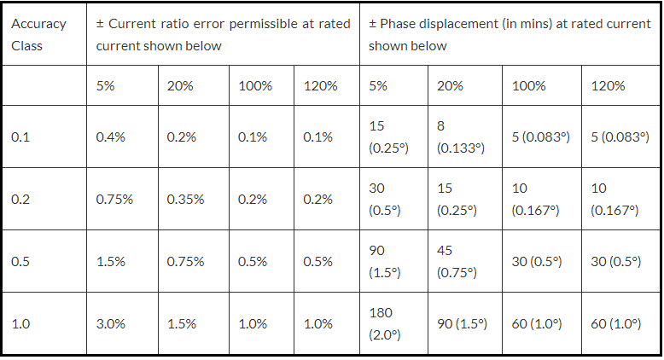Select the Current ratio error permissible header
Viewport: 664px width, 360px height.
pos(223,34)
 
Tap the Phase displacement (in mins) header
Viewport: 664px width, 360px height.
pos(509,34)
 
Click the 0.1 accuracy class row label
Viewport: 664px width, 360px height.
pos(21,136)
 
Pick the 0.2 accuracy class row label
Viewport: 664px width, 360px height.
pos(21,199)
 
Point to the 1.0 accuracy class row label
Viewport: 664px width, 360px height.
pos(21,324)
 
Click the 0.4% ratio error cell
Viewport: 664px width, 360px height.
pos(111,136)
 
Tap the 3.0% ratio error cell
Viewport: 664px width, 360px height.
pos(111,324)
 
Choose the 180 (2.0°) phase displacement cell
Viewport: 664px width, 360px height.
pos(387,324)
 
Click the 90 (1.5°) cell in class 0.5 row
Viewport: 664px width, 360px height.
pos(387,261)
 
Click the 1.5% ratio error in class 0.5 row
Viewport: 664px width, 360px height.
pos(111,261)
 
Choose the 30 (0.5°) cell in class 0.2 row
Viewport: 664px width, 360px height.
pos(387,199)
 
